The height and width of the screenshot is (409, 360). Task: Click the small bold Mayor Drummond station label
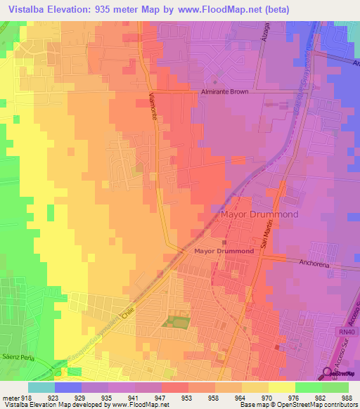(x=224, y=251)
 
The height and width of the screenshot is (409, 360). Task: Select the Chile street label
(x=127, y=315)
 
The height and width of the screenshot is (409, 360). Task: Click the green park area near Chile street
(x=176, y=322)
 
